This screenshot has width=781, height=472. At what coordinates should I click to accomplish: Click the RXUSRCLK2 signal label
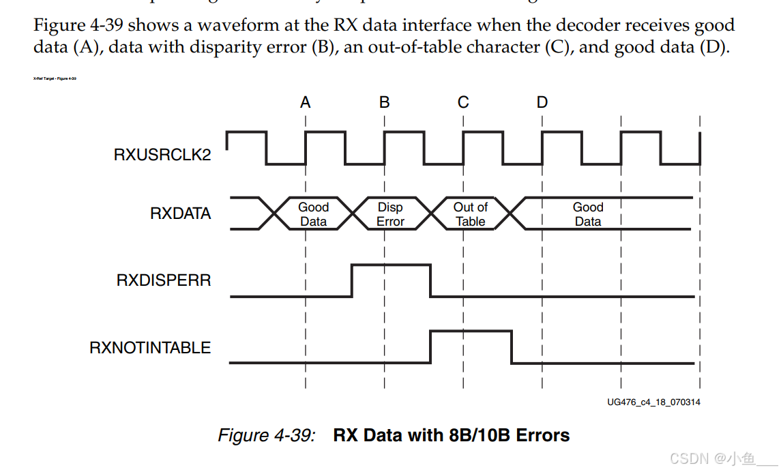tap(162, 155)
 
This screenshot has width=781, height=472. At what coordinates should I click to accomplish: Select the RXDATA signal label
tap(180, 213)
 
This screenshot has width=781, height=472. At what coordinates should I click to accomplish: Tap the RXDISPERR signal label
tap(164, 280)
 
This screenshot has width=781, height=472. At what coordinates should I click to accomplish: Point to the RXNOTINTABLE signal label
tap(150, 348)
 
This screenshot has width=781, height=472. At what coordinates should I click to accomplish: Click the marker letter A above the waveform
tap(306, 103)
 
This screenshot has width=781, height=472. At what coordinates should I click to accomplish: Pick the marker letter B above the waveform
tap(385, 103)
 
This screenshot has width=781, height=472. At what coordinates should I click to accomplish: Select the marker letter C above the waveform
tap(463, 103)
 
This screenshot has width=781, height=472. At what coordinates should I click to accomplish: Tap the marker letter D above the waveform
tap(542, 103)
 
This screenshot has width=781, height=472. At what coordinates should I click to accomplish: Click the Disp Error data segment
tap(391, 214)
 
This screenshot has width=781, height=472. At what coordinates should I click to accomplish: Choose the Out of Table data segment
tap(470, 214)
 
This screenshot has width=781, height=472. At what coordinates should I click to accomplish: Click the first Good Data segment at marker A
tap(313, 214)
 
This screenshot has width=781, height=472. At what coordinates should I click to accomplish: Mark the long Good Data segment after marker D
tap(588, 214)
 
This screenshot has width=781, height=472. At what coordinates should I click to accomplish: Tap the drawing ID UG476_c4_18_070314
tap(653, 402)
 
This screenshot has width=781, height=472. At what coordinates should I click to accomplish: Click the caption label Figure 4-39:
tap(266, 435)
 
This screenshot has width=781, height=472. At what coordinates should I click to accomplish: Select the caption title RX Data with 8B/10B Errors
tap(451, 435)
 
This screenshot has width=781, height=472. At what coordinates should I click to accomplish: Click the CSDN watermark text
tap(723, 458)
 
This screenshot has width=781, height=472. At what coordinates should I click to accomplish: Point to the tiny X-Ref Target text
tap(55, 78)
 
